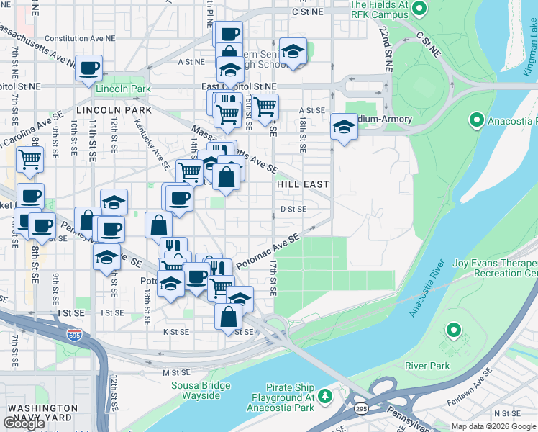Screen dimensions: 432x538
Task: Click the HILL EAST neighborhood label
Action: tap(303, 184)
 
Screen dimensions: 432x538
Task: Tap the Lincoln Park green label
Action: tap(122, 89)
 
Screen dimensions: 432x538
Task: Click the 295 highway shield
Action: tap(358, 408)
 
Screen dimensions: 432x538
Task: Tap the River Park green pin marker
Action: tap(453, 330)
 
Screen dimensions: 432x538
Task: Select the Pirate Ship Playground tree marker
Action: tap(325, 395)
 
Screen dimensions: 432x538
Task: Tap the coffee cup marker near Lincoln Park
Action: tap(89, 68)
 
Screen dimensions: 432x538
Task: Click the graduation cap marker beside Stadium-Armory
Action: tap(344, 128)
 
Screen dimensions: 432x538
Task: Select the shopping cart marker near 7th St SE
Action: tap(29, 160)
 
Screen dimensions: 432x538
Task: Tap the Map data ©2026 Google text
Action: tap(493, 426)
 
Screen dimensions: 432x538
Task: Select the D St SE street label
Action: tap(293, 209)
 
